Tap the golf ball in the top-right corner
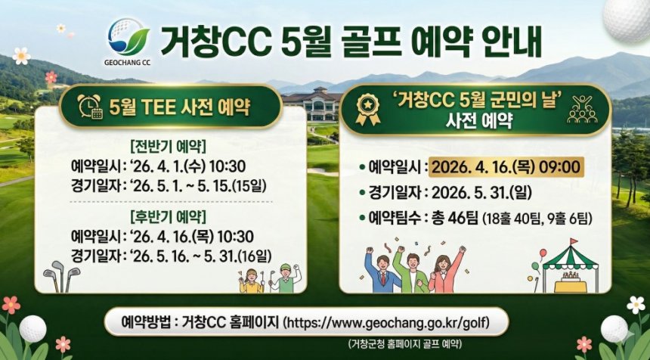click(628, 18)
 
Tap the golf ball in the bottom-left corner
click(32, 328)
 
